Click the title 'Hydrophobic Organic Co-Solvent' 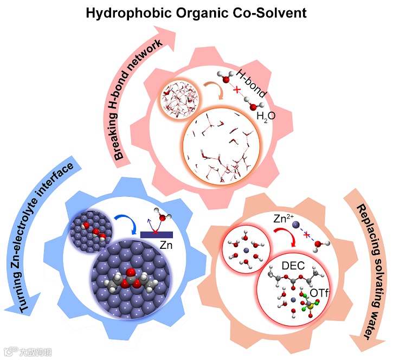(x=197, y=11)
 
